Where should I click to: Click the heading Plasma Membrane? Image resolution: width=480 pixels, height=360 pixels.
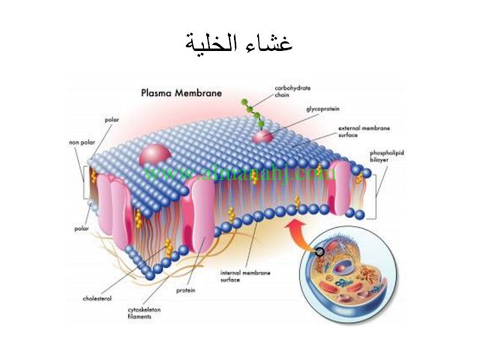(181, 94)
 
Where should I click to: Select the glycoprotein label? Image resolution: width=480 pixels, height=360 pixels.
(322, 109)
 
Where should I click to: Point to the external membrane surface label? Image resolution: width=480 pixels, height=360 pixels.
(357, 131)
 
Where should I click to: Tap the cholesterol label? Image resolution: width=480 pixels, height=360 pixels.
(98, 298)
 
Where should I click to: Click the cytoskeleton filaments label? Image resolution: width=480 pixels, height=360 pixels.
(145, 313)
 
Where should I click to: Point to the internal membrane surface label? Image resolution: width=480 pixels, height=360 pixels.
(239, 275)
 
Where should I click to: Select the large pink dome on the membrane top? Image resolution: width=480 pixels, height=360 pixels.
(155, 157)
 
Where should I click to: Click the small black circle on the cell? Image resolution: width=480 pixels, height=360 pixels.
(320, 252)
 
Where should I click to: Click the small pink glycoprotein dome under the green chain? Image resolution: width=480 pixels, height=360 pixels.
(262, 137)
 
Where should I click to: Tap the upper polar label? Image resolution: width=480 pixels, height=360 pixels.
(111, 119)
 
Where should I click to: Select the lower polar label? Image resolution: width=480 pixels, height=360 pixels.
(82, 227)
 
